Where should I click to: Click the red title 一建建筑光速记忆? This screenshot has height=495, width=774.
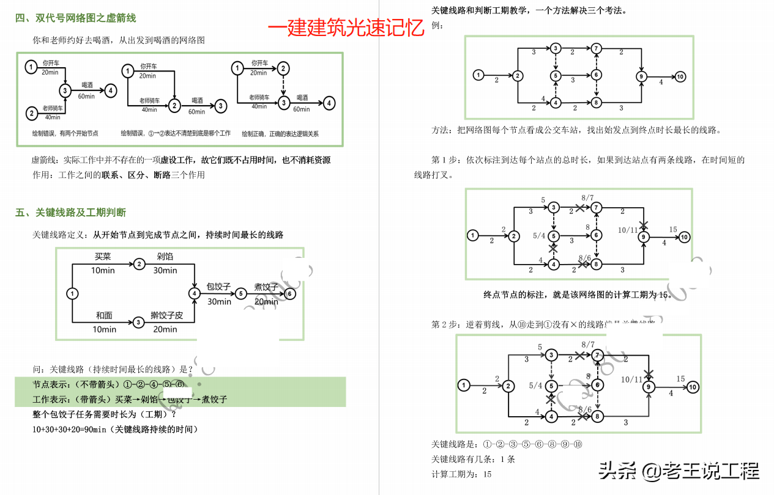click(x=346, y=28)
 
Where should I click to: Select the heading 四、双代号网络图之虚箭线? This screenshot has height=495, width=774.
click(x=75, y=18)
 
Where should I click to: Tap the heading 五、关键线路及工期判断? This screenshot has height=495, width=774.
click(x=70, y=213)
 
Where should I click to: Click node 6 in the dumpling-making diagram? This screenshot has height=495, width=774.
click(x=291, y=294)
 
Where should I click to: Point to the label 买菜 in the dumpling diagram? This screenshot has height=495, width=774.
click(x=102, y=257)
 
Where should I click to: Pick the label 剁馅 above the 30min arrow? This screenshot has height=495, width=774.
click(x=165, y=257)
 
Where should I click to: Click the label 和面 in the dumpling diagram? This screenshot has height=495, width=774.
click(x=104, y=316)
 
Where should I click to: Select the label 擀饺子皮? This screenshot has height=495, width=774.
click(x=167, y=316)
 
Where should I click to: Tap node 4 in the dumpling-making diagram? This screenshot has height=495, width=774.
click(x=195, y=294)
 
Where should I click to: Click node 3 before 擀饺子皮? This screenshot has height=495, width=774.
click(x=139, y=322)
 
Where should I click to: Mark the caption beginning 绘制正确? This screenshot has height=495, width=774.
click(x=280, y=134)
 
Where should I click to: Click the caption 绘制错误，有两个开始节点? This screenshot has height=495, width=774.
click(x=65, y=133)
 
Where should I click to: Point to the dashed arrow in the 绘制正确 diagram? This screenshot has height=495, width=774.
click(x=283, y=86)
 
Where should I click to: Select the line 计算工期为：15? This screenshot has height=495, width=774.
click(x=461, y=474)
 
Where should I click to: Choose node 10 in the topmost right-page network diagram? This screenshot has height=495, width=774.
click(x=680, y=76)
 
